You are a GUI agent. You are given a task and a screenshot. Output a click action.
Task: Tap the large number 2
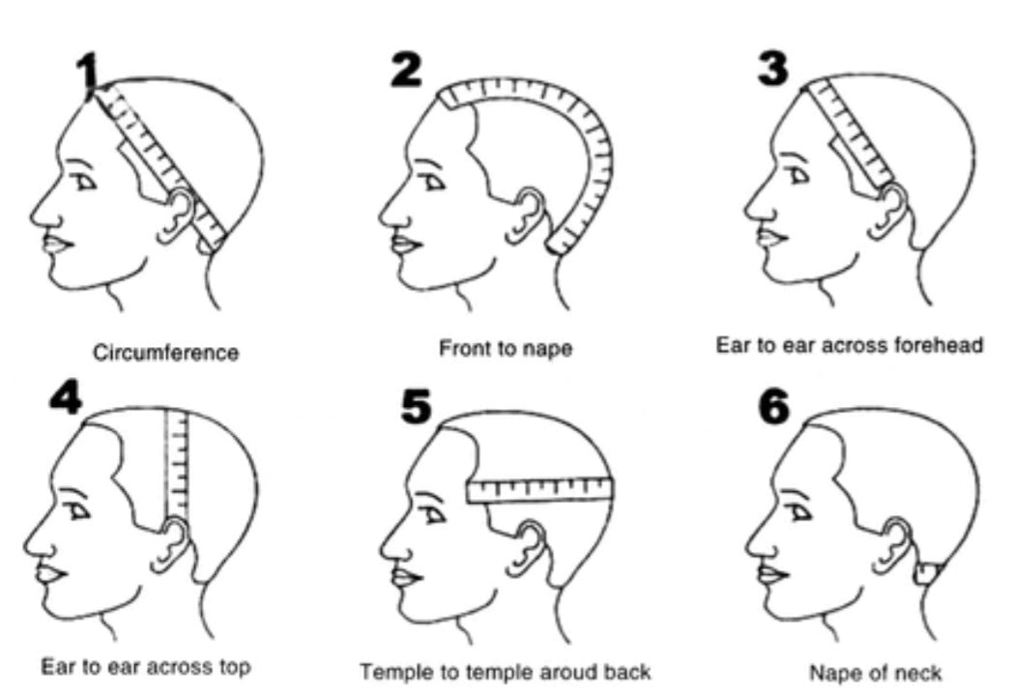click(406, 70)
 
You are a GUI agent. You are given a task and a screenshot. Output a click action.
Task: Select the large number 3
click(773, 67)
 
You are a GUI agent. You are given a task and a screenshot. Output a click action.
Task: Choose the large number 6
click(773, 406)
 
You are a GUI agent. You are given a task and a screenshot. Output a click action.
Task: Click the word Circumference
click(165, 353)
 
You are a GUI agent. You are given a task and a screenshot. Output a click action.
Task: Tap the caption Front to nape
click(505, 348)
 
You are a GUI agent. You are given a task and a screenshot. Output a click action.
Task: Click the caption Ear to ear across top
click(146, 667)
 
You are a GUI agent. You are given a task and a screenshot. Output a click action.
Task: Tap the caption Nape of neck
click(875, 672)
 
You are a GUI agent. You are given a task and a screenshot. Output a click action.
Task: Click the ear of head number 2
click(530, 215)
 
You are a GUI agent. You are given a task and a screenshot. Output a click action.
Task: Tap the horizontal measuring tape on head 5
click(541, 490)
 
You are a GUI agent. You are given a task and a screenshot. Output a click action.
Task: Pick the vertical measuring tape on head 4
click(177, 464)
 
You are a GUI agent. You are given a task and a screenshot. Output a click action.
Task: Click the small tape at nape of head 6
click(928, 573)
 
